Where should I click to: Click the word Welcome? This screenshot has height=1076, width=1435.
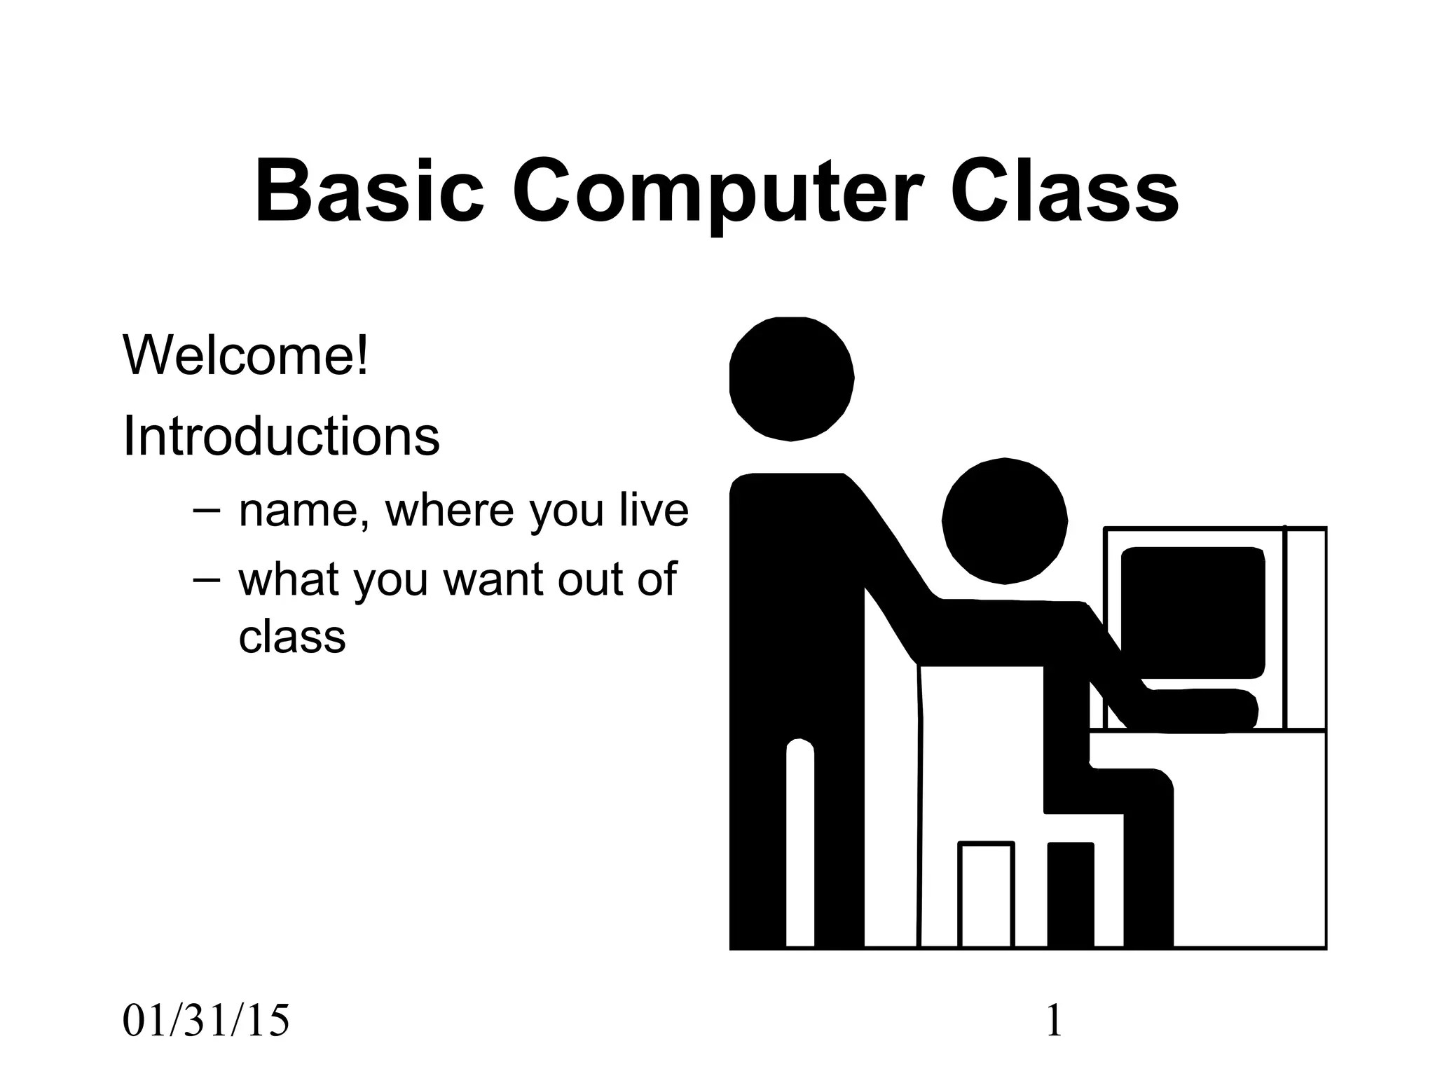coord(245,356)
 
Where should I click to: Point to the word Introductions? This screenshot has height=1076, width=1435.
coord(281,436)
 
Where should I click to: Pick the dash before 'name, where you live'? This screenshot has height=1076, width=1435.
coord(205,510)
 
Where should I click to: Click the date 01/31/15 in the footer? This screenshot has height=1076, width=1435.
coord(205,1021)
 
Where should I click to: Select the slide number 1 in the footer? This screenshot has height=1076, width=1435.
coord(1053,1021)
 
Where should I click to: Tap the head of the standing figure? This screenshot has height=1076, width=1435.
coord(792,379)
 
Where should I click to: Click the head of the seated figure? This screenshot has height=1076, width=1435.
coord(1005,520)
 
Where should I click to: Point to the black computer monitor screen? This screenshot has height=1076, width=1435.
coord(1193,613)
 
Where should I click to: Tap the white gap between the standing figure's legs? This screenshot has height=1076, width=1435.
coord(799,848)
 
